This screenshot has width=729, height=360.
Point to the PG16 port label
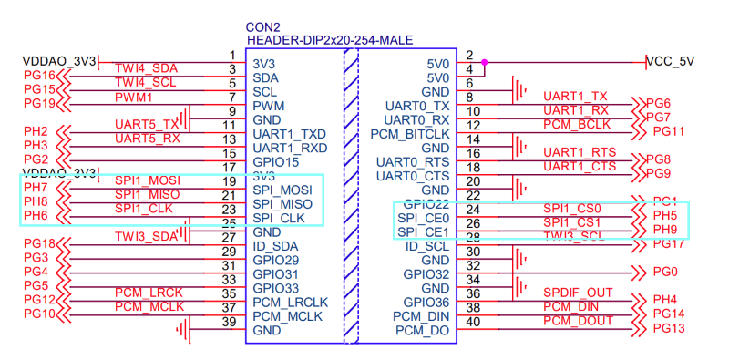40,75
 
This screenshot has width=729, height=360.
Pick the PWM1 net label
133,97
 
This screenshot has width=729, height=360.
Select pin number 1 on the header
232,56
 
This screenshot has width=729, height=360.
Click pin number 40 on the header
471,322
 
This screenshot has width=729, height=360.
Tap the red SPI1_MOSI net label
148,180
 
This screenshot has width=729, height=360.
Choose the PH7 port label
36,188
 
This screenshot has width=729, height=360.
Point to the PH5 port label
664,216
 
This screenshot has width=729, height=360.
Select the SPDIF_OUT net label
578,292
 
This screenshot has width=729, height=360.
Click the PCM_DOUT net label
578,321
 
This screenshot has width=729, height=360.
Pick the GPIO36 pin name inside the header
426,302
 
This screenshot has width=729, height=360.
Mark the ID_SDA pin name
276,246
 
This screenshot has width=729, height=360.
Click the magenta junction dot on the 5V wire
484,63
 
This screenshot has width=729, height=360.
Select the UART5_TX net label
147,124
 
